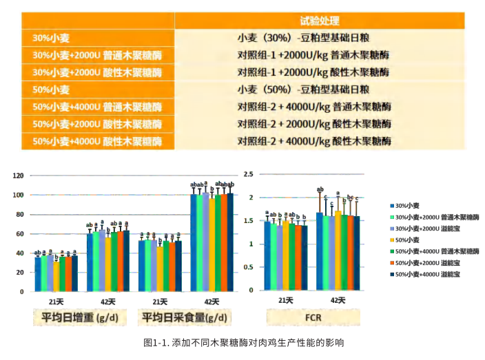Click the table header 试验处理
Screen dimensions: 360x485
click(319, 21)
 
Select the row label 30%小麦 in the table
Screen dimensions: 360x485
click(51, 39)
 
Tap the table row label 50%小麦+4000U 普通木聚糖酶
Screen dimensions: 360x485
click(97, 107)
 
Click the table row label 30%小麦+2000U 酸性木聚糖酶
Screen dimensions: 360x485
click(97, 72)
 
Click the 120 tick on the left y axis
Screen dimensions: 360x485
click(18, 176)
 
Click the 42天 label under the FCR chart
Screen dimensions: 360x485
click(338, 300)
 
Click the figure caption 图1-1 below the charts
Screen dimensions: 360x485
click(242, 342)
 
